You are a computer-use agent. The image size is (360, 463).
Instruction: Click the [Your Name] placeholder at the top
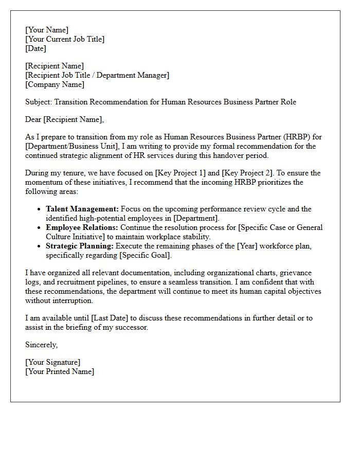pos(47,30)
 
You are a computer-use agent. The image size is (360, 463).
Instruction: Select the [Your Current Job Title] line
pos(65,39)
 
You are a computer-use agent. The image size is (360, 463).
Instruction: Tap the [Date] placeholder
pos(35,48)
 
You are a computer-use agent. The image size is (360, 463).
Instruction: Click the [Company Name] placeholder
pos(55,84)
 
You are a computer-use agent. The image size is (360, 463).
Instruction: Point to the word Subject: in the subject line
pos(39,102)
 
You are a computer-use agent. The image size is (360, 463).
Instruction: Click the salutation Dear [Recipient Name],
pos(64,119)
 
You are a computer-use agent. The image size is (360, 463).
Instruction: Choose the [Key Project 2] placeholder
pos(245,173)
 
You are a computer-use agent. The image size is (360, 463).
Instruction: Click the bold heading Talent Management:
pos(82,209)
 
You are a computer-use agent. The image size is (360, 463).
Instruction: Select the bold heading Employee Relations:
pos(82,227)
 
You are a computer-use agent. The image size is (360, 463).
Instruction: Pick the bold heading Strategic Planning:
pos(80,246)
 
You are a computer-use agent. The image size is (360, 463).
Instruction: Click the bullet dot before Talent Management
pos(40,209)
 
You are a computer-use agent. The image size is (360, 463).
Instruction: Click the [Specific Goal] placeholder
pos(146,255)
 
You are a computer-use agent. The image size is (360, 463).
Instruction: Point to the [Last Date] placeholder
pos(110,318)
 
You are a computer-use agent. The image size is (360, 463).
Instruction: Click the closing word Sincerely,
pos(42,345)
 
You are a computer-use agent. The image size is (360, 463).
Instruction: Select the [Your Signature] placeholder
pos(53,362)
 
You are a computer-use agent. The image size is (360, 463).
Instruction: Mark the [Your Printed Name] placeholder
pos(60,371)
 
